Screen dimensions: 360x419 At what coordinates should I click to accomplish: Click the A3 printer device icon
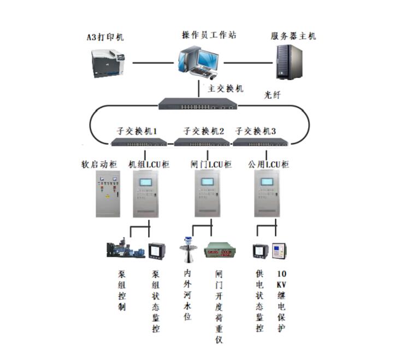(x=109, y=63)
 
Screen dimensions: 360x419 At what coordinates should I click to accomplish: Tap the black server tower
(x=289, y=62)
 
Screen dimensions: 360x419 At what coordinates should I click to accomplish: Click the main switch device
(x=198, y=103)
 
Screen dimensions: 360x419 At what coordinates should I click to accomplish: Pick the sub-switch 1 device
(x=139, y=142)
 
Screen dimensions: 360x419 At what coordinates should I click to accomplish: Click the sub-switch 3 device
(x=260, y=142)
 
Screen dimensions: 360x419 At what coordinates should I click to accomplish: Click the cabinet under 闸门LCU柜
(x=208, y=194)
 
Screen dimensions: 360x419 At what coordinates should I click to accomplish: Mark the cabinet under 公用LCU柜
(x=267, y=194)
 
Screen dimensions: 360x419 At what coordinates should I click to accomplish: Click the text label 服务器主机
(x=293, y=37)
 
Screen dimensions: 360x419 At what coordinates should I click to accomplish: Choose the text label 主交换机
(x=225, y=88)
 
